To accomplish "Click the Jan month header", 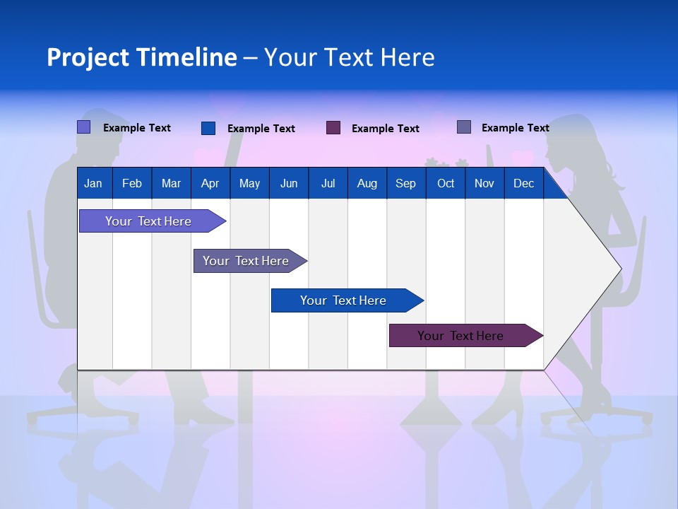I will click(94, 184).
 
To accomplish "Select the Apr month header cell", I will click(210, 184).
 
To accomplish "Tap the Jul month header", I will click(328, 184).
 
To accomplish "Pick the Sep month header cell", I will click(406, 184).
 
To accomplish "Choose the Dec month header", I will click(524, 184).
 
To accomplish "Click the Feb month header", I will click(132, 184).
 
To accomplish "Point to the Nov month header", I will click(484, 184).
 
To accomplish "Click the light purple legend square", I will click(84, 127).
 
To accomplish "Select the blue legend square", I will click(208, 128).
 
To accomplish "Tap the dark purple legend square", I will click(333, 128).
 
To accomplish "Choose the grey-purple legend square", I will click(464, 127).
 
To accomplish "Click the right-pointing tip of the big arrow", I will click(619, 269).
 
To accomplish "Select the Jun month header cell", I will click(289, 184).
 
